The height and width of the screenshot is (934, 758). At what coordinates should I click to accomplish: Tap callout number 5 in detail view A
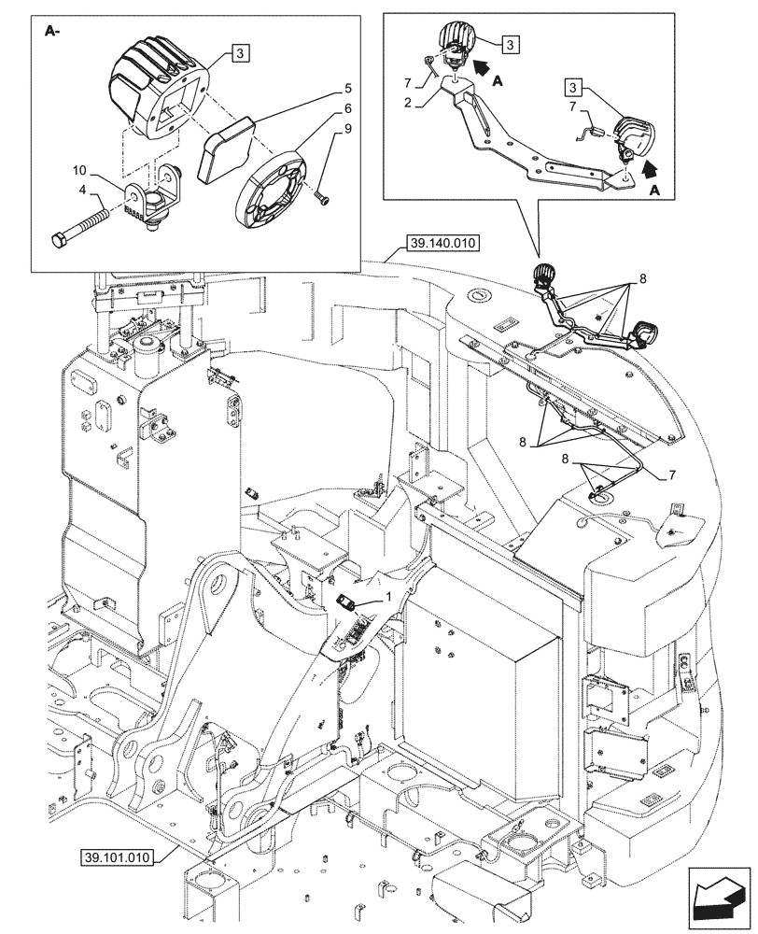[347, 89]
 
